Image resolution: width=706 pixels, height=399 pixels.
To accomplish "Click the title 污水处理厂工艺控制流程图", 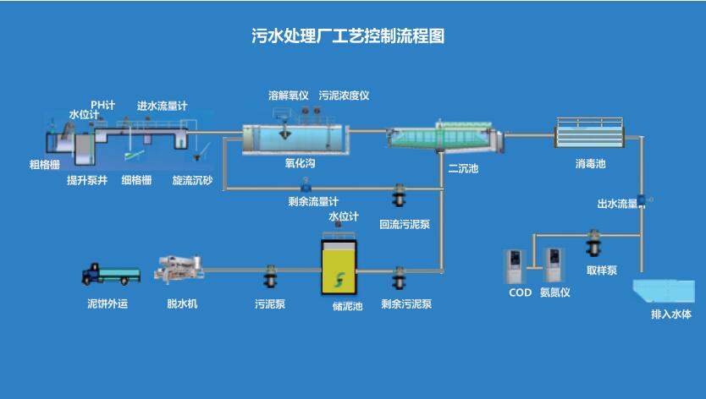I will [348, 36].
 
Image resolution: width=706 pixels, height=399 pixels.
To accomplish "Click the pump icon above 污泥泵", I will [270, 276].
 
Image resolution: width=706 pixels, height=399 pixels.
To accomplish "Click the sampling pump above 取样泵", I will [594, 246].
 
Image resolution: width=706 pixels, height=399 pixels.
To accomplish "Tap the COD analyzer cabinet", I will [515, 266].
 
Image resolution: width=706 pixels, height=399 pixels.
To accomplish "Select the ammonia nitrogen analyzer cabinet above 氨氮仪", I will [554, 265].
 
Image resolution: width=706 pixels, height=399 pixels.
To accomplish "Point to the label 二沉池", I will [463, 169].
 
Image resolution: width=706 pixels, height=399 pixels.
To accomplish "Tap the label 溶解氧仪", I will [288, 96].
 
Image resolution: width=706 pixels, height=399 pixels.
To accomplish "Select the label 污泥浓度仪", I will [345, 96].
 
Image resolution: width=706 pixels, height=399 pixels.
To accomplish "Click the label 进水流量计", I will [163, 107].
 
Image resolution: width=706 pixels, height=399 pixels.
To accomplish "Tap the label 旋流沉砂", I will [192, 180].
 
